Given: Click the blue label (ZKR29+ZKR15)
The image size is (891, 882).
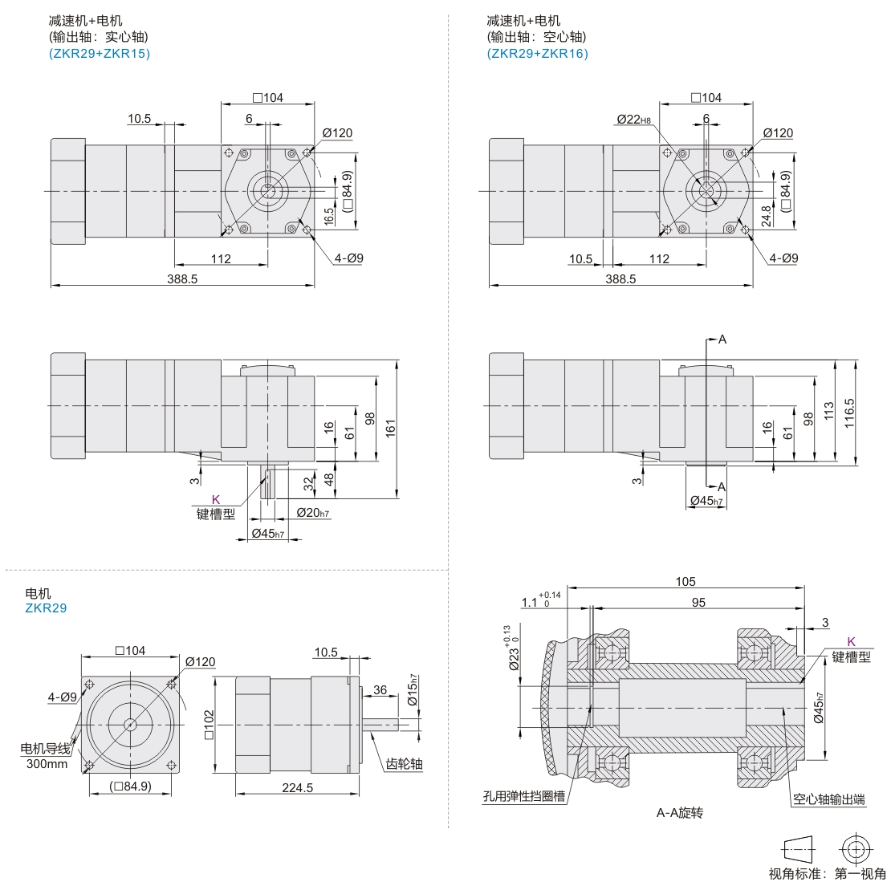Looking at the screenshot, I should [100, 54].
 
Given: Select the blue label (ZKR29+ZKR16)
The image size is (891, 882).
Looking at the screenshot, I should [537, 54].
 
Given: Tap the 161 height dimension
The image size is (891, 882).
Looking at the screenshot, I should [391, 428].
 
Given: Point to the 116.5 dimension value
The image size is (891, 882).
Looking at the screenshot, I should [849, 413].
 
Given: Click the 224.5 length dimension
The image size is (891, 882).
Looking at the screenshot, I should [297, 788].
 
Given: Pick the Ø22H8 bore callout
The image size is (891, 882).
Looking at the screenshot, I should [633, 120].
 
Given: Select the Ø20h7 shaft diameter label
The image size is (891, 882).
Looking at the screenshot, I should [313, 513].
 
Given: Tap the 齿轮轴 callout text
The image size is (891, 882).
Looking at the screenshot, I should [404, 763].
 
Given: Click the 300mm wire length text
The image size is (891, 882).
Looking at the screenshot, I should [47, 763].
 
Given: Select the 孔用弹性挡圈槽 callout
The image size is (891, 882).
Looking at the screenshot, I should [523, 798].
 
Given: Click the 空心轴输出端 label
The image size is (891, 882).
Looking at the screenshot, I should [828, 799].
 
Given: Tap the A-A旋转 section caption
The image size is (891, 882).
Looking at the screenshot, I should [680, 813].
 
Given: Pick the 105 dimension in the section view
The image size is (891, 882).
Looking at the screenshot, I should [685, 581].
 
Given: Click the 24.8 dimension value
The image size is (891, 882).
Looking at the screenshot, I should [766, 215].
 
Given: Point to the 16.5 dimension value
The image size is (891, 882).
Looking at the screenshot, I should [328, 216].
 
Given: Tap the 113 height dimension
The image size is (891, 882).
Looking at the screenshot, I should [829, 413].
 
